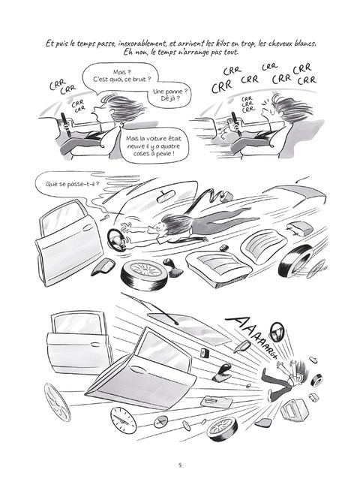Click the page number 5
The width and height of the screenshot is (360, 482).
pyautogui.click(x=180, y=465)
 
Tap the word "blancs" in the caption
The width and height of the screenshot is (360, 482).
pyautogui.click(x=305, y=44)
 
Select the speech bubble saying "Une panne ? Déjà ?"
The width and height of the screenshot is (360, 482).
pyautogui.click(x=170, y=95)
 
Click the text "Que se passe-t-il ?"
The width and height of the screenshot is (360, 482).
pyautogui.click(x=72, y=184)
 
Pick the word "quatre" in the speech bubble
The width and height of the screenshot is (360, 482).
pyautogui.click(x=169, y=146)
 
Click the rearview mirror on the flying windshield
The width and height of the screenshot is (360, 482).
pyautogui.click(x=165, y=197)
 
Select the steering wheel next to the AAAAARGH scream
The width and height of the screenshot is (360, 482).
pyautogui.click(x=277, y=332)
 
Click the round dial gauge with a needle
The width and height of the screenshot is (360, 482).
pyautogui.click(x=123, y=420)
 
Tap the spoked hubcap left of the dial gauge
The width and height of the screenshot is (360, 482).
pyautogui.click(x=58, y=402)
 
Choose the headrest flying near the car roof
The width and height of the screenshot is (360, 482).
pyautogui.click(x=300, y=227)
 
